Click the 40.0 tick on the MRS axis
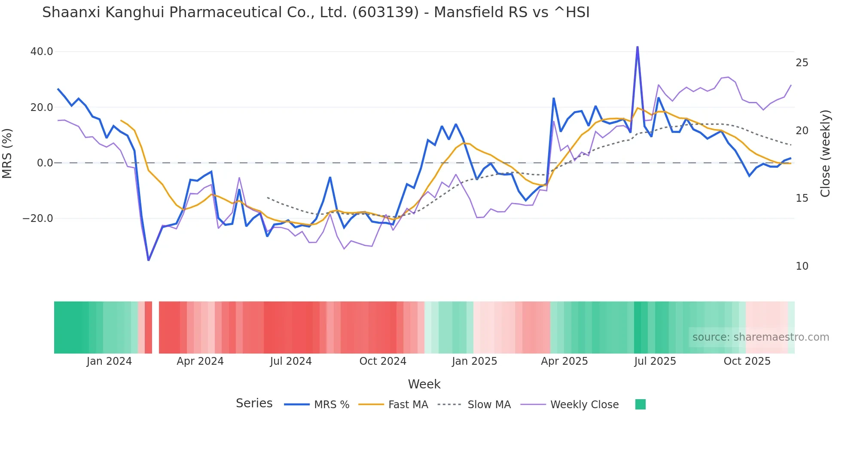point(41,52)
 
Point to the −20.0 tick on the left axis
point(38,219)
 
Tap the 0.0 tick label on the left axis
point(45,163)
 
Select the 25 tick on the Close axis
point(802,63)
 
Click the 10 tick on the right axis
point(802,266)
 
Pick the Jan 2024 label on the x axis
point(109,361)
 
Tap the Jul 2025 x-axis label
point(655,361)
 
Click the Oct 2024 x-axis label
point(382,361)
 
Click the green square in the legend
point(640,404)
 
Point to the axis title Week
point(424,384)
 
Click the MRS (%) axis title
point(7,153)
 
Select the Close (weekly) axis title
point(825,153)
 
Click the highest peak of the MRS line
point(637,47)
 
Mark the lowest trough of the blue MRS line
point(149,260)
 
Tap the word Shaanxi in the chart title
point(71,12)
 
